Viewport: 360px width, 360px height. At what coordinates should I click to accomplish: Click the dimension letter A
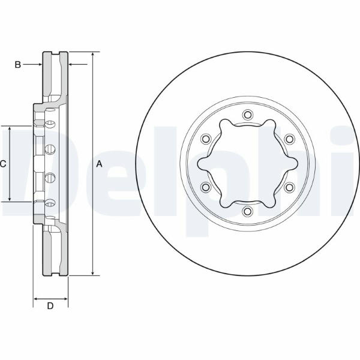pyautogui.click(x=99, y=164)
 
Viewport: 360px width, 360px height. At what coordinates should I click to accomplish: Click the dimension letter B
pyautogui.click(x=17, y=65)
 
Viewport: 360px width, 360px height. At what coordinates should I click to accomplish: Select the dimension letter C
pyautogui.click(x=3, y=164)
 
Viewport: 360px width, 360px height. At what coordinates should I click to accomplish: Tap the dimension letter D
pyautogui.click(x=50, y=306)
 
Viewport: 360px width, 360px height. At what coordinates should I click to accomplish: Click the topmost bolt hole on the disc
pyautogui.click(x=247, y=115)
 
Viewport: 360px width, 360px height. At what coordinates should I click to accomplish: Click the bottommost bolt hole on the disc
pyautogui.click(x=247, y=211)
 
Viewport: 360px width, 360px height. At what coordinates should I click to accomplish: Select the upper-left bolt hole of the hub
pyautogui.click(x=205, y=139)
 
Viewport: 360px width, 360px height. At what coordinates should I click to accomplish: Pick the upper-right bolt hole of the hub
pyautogui.click(x=289, y=139)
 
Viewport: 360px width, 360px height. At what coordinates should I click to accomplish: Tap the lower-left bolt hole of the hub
pyautogui.click(x=205, y=187)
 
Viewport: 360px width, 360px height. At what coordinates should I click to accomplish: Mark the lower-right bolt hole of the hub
pyautogui.click(x=289, y=187)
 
